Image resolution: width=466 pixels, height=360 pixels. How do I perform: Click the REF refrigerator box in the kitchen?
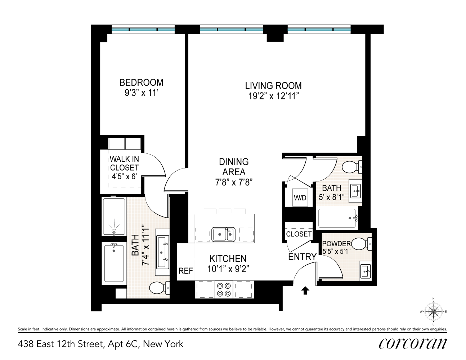186,271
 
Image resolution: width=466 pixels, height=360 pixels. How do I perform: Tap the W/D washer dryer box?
300,198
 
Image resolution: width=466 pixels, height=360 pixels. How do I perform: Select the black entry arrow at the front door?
305,291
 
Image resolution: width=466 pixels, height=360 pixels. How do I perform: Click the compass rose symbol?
434,311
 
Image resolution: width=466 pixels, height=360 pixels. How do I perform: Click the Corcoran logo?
413,343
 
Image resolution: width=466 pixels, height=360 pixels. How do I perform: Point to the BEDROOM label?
141,83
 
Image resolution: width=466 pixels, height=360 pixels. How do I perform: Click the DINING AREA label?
234,167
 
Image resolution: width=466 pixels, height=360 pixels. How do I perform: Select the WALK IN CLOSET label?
124,163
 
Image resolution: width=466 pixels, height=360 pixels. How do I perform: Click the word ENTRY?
302,257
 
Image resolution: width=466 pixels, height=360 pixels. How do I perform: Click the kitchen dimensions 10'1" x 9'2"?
228,269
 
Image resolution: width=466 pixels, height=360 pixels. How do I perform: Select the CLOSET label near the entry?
299,234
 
